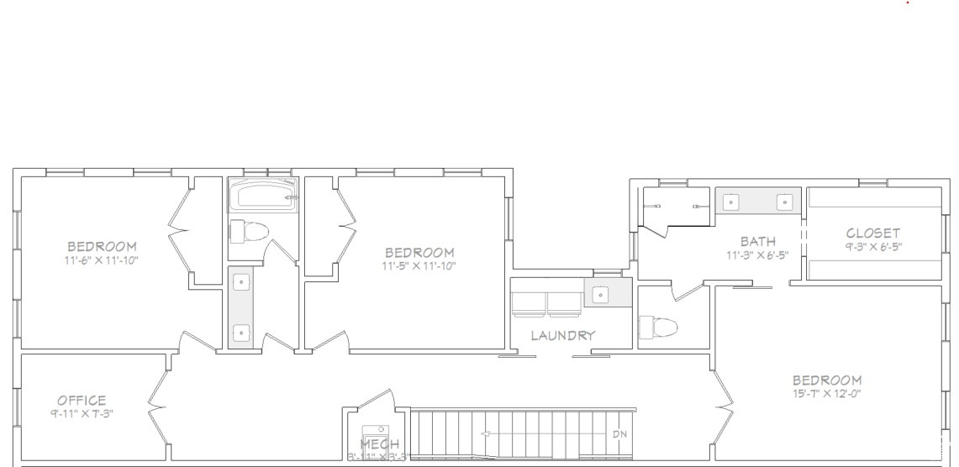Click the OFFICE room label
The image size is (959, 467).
[x=82, y=400]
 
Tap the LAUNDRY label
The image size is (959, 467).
[x=562, y=335]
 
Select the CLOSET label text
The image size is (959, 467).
[x=872, y=233]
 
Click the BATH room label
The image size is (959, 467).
[x=757, y=242]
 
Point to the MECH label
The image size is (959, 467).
[x=380, y=444]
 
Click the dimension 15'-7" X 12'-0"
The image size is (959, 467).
[x=826, y=393]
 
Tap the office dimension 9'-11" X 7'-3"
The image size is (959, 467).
[x=82, y=413]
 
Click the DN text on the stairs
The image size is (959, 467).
[x=619, y=434]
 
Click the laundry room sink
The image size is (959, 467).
[x=600, y=294]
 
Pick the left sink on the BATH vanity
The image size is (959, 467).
[x=732, y=201]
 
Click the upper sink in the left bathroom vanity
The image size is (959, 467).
[x=242, y=282]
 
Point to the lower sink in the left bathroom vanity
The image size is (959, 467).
[x=242, y=333]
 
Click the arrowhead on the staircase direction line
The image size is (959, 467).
[x=485, y=434]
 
